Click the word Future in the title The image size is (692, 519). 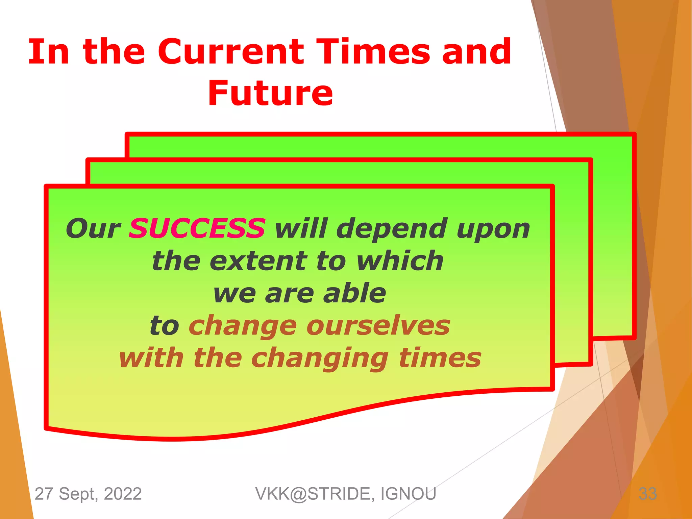pos(270,93)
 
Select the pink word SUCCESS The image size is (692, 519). pos(197,228)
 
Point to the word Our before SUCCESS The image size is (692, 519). pos(93,228)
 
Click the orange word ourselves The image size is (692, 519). pos(378,325)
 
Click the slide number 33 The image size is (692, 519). pos(647,494)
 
